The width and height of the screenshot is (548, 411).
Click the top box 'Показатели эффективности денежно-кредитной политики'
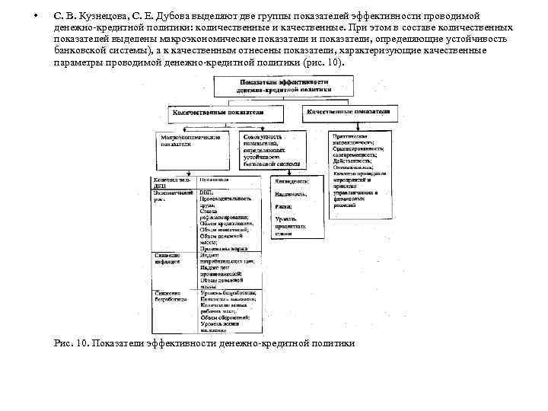(x=285, y=85)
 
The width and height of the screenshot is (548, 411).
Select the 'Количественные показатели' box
(x=218, y=111)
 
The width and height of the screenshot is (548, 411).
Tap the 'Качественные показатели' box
(x=349, y=111)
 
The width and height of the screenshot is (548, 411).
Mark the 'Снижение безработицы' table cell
(x=169, y=295)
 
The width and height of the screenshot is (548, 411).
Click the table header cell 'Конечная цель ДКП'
(x=169, y=183)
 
